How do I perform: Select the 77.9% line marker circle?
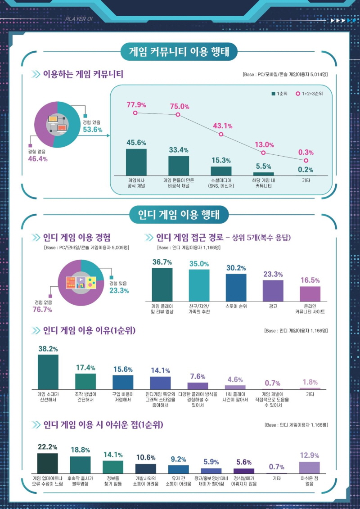[x=136, y=113]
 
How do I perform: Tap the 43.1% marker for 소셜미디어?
[x=221, y=134]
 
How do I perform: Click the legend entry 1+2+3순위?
[x=312, y=94]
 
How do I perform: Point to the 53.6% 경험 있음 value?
[x=92, y=130]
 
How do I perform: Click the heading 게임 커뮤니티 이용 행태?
[x=179, y=52]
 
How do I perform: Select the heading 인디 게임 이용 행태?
[x=179, y=215]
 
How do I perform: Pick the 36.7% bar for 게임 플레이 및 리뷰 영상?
[x=162, y=284]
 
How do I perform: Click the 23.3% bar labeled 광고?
[x=273, y=290]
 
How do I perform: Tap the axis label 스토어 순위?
[x=236, y=306]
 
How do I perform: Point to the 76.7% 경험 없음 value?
[x=43, y=310]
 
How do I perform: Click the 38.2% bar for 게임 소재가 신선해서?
[x=48, y=372]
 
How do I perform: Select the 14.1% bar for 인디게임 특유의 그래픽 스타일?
[x=160, y=383]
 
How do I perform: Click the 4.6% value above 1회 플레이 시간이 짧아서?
[x=235, y=379]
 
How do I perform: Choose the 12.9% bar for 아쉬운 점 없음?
[x=309, y=467]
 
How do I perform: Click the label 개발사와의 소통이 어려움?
[x=146, y=481]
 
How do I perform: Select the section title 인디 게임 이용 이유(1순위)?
[x=89, y=331]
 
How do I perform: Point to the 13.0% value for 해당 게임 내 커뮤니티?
[x=264, y=145]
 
